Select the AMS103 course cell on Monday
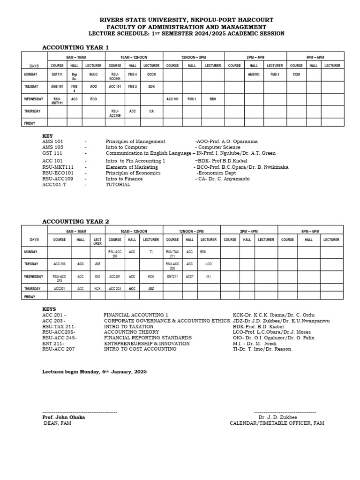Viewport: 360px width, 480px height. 254,75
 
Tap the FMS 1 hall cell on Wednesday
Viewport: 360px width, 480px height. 192,99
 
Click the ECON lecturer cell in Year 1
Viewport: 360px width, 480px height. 151,75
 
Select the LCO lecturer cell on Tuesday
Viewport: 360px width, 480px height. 209,264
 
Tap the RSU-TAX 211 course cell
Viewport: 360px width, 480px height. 172,253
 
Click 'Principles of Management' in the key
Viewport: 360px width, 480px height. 135,141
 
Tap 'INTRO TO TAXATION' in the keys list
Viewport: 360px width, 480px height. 128,326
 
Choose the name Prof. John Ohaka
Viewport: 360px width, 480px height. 63,417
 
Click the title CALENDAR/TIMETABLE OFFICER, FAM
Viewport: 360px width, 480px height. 277,423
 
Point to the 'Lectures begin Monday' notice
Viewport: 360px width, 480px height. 94,371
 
